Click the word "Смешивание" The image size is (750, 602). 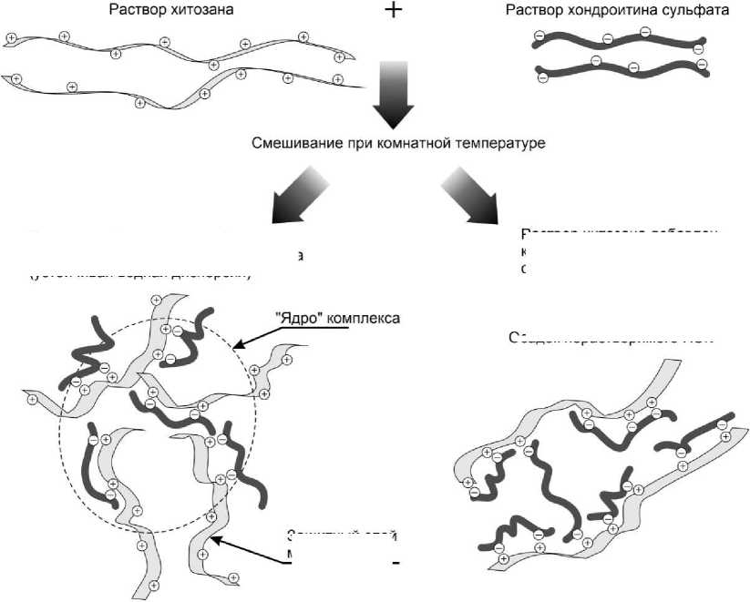(x=293, y=144)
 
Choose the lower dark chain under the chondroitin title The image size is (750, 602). (x=620, y=69)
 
